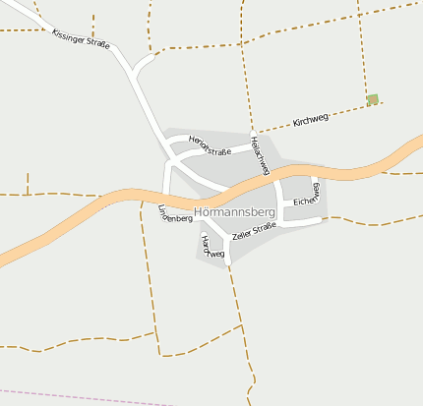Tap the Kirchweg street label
tap(311, 121)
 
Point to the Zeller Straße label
tap(255, 231)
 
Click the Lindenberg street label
tap(175, 214)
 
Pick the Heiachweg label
tap(261, 155)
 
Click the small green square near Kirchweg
tap(373, 98)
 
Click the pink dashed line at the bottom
tap(98, 394)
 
